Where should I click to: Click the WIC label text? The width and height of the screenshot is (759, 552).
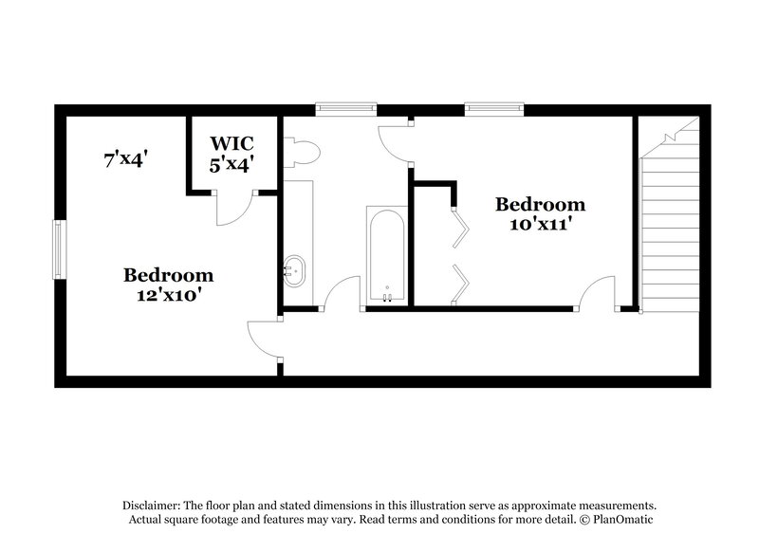(x=232, y=143)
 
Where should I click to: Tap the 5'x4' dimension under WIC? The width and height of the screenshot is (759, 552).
(x=232, y=163)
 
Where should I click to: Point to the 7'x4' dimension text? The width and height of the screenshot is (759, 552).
(x=124, y=159)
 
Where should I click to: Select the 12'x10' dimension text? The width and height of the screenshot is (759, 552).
(x=168, y=295)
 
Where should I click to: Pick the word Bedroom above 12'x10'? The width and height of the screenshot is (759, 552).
(x=168, y=275)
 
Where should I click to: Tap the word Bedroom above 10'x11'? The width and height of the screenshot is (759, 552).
(x=540, y=204)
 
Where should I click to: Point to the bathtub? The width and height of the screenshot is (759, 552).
(x=386, y=254)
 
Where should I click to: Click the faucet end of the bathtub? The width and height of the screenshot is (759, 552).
(x=386, y=296)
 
